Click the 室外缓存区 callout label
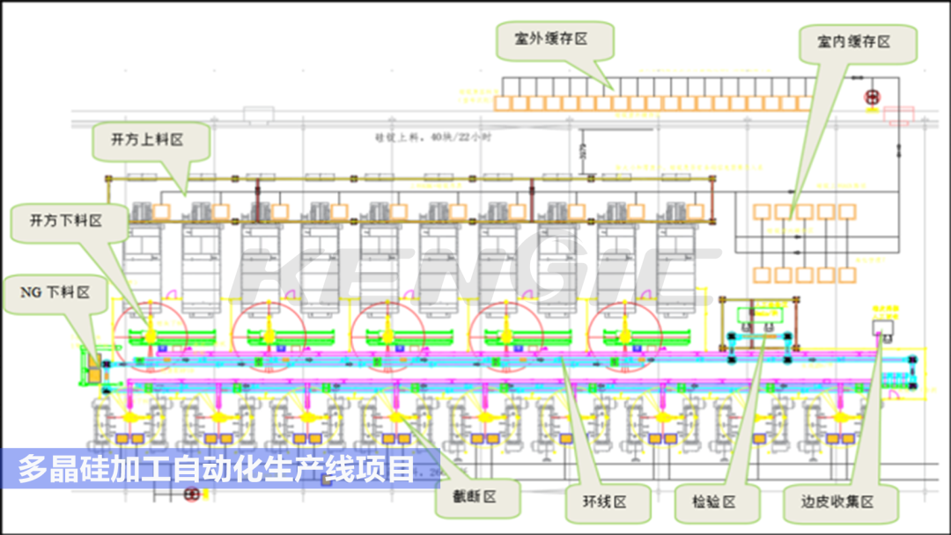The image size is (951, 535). point(552,39)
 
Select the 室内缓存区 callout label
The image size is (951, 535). point(853,41)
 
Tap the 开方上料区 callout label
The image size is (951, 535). point(147,140)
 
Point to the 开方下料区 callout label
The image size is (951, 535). point(66,220)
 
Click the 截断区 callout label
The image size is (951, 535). point(476,497)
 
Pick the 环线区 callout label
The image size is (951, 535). point(604,502)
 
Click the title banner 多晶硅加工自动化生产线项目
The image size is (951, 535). point(217,469)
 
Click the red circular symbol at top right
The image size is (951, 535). point(873,98)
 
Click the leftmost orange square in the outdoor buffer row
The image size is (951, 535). point(502,104)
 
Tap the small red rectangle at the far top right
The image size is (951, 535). point(898,115)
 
